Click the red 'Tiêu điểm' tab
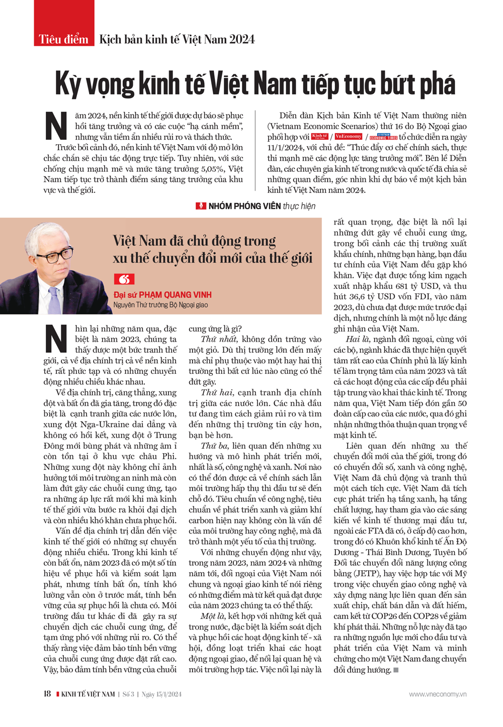pos(63,39)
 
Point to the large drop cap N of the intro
pos(56,126)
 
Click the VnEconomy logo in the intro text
pos(348,137)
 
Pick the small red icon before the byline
pos(201,205)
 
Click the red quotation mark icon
pos(124,279)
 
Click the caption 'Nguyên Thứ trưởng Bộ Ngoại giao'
pos(160,305)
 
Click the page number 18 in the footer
pos(47,694)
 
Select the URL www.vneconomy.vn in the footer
pos(437,694)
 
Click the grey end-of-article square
pos(396,670)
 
